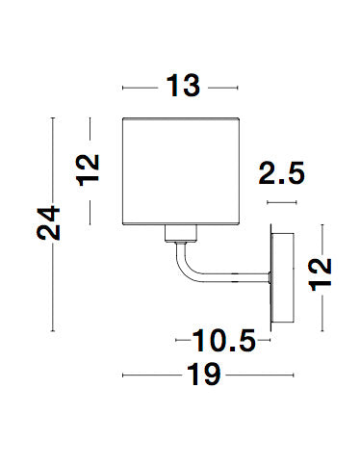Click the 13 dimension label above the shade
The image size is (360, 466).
click(183, 86)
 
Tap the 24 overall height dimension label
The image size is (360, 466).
click(48, 223)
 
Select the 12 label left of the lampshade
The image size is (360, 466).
click(88, 170)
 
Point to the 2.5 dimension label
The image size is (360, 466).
click(282, 173)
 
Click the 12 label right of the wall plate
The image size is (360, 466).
click(320, 274)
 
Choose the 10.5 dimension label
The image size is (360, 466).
click(223, 341)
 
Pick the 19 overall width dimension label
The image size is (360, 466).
click(204, 375)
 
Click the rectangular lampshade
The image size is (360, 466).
click(181, 171)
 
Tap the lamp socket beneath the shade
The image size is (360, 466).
click(181, 233)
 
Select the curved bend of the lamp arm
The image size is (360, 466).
click(184, 268)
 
